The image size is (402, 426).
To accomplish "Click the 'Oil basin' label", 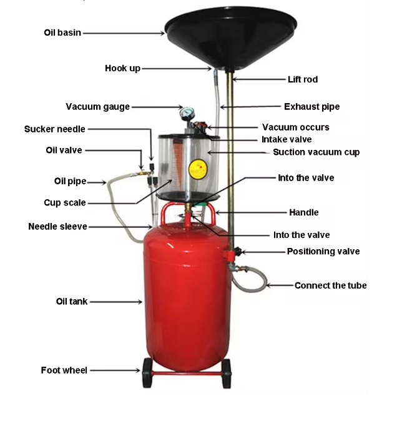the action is coord(62,32).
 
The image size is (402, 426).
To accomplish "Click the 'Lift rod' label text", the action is coord(303,79).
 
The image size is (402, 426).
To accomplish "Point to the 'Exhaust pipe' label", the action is coord(312,107).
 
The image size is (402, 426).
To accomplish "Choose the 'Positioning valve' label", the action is coord(323,251).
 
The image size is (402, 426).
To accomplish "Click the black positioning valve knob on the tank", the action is coord(238,252).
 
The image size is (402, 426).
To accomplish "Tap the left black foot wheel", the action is coord(147,373).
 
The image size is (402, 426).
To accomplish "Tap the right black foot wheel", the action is coord(227,374).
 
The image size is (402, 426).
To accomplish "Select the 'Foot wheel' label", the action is coord(64,370).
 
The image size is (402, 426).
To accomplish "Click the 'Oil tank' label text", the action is coord(72,302).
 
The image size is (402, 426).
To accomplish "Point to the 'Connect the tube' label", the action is coord(331,285).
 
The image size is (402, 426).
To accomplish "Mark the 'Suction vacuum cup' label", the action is coord(316,152).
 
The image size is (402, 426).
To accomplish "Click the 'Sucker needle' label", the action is coord(54,129).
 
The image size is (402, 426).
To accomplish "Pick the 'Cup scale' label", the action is coord(65,202).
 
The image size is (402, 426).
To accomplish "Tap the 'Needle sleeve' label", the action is coord(57,227).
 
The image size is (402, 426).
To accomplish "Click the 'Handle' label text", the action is coord(304,212).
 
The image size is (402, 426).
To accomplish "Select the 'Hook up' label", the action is coord(123,68).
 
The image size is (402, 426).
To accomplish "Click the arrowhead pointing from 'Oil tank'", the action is coord(140,302).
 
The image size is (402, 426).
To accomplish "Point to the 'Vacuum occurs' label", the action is coord(296,127).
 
